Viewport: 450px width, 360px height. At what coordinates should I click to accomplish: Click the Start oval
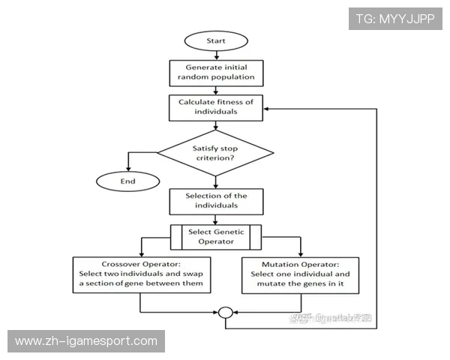click(x=216, y=39)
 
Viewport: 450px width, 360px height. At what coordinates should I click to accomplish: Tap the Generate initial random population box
click(x=216, y=71)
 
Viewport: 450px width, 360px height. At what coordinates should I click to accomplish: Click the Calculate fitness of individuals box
click(x=216, y=106)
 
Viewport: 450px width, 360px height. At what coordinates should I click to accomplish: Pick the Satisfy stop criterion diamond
click(x=216, y=153)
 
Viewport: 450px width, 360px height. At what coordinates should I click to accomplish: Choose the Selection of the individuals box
click(x=216, y=200)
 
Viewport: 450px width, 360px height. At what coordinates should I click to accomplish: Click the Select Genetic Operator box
click(x=216, y=236)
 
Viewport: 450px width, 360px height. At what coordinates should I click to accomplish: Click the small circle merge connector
click(x=225, y=313)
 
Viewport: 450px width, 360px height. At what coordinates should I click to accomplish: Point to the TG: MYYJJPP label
click(x=395, y=18)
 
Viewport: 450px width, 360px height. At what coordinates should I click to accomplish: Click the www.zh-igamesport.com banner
click(x=86, y=341)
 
